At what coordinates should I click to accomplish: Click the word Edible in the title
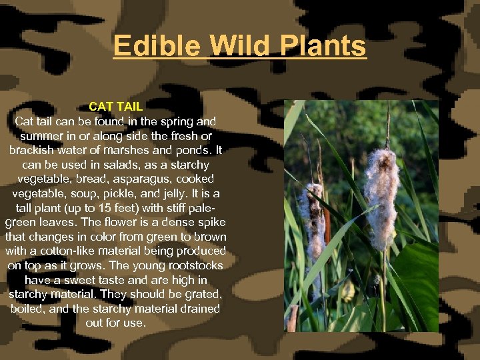point(157,46)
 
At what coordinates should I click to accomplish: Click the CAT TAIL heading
point(115,107)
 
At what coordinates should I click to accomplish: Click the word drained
point(195,309)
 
